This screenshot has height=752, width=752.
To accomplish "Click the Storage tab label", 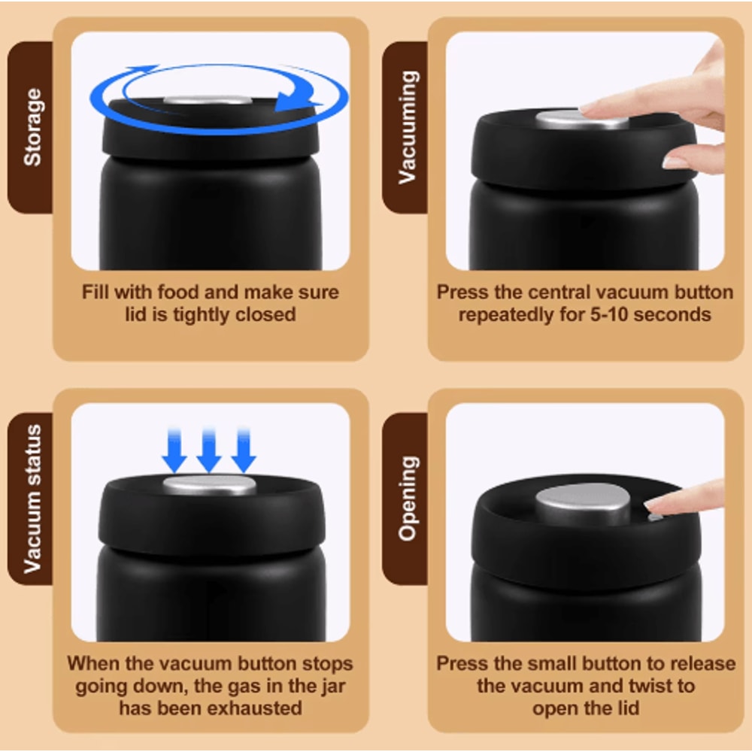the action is coord(32,127).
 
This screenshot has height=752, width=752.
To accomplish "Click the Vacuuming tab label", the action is coord(407,127).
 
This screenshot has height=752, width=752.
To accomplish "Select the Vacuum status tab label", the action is coord(32,499).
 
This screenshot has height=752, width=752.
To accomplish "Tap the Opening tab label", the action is coord(407,499).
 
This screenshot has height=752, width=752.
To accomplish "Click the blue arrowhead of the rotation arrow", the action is coord(293,99).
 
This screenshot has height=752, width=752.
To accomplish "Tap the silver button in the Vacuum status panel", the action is coord(209,485).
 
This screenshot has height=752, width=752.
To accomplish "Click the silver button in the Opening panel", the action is coord(584,504).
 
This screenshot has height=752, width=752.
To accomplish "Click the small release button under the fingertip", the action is coord(655,517).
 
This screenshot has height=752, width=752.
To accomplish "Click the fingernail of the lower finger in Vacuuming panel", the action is coord(675,163).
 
